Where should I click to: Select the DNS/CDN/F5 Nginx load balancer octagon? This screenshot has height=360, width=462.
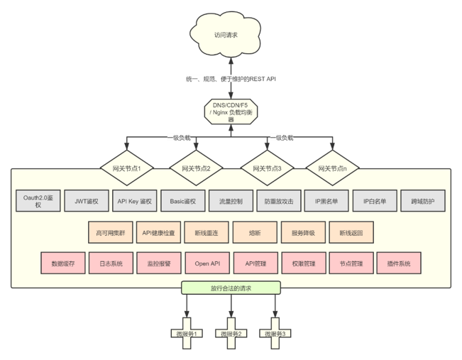coord(231,111)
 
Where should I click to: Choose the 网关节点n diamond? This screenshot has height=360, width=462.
coord(332,168)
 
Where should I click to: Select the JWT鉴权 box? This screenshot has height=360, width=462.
coord(87,201)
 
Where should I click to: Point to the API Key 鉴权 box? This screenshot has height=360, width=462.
coord(135,201)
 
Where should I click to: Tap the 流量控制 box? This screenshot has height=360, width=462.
coord(231,201)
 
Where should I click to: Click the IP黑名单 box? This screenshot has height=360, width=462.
coord(327,201)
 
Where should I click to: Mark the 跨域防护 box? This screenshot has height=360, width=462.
coord(423,201)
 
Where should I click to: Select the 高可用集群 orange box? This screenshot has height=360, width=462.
coord(110,232)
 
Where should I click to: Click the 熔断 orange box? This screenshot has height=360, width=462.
coord(255,232)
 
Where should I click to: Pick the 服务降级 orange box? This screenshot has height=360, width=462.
coord(303,232)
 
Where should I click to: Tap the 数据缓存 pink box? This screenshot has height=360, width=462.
coord(62,263)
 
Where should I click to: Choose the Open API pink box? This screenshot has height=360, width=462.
coord(207,263)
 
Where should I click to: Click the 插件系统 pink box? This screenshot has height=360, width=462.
coord(399,263)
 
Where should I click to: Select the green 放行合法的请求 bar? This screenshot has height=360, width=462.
coord(231,288)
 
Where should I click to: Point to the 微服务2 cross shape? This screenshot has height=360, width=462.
coord(231,334)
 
